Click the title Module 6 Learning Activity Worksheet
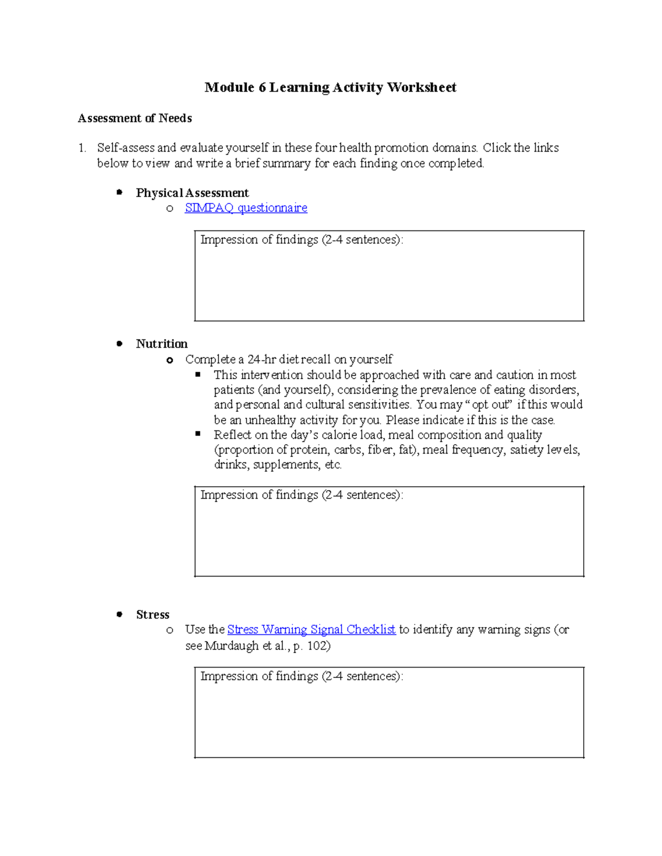[x=330, y=88]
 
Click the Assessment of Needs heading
[x=135, y=119]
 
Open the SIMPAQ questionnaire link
[x=246, y=208]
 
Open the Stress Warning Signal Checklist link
[x=311, y=629]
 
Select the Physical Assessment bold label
[x=192, y=193]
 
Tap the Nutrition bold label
[x=162, y=344]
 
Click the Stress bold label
[x=153, y=615]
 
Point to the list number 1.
[x=82, y=148]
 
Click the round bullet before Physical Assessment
[x=119, y=192]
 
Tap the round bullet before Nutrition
[x=119, y=343]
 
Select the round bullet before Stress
[x=119, y=614]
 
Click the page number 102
[x=317, y=646]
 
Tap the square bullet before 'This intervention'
[x=198, y=375]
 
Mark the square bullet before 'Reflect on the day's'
[x=198, y=434]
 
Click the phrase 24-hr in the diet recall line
[x=261, y=360]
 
